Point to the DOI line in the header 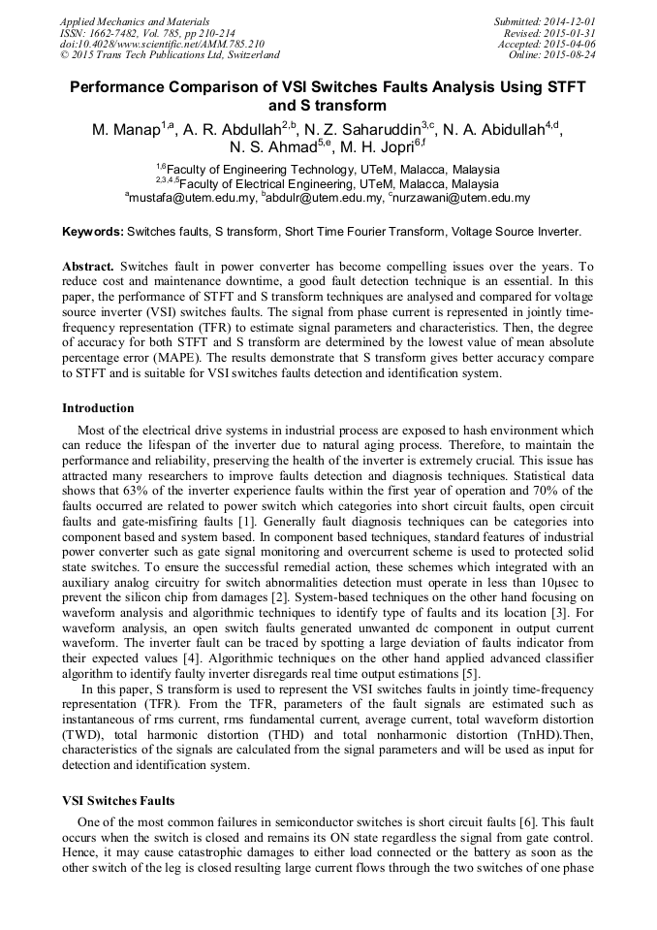(162, 44)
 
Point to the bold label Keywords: (92, 233)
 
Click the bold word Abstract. (88, 266)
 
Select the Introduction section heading (98, 408)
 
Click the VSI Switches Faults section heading (118, 800)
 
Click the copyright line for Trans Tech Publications (170, 55)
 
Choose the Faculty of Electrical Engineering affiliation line (328, 183)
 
